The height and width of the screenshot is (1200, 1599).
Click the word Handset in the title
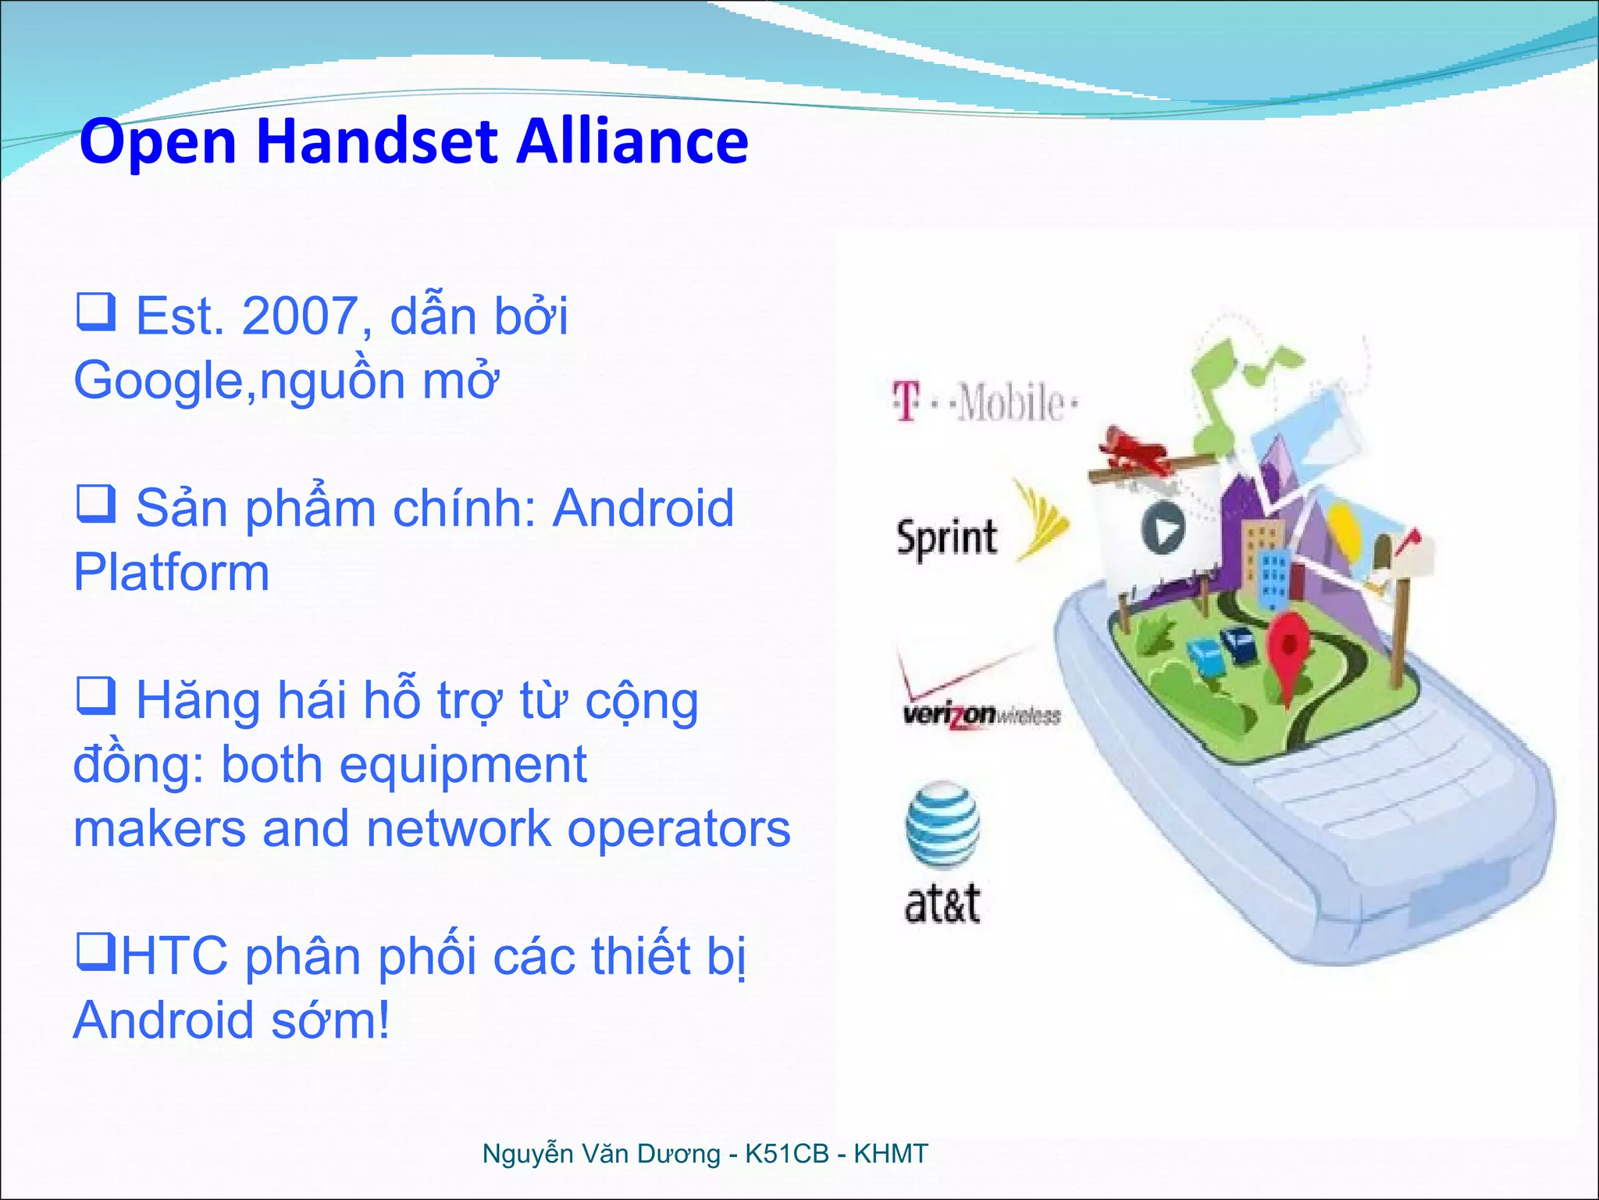tap(377, 141)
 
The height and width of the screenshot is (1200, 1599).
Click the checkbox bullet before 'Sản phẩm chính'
tap(96, 504)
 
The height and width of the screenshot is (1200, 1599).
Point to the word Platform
tap(172, 573)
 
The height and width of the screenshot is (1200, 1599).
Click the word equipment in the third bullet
tap(462, 765)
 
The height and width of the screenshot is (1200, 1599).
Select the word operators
tap(678, 829)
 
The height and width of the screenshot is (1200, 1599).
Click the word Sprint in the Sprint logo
tap(946, 537)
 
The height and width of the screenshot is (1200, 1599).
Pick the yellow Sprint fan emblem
tap(1041, 522)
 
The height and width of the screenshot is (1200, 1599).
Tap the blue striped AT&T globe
tap(943, 824)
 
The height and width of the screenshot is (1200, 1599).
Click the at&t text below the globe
tap(942, 904)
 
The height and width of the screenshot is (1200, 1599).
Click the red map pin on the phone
tap(1287, 648)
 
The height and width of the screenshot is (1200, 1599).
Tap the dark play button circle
tap(1163, 529)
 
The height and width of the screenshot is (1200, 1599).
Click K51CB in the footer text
tap(786, 1154)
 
